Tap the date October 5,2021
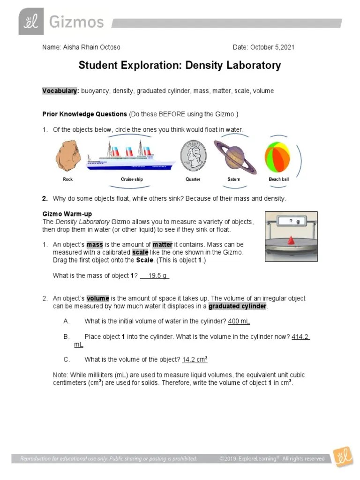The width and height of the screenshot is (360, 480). pyautogui.click(x=272, y=47)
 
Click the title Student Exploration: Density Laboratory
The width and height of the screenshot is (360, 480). pyautogui.click(x=180, y=65)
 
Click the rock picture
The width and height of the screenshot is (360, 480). pyautogui.click(x=68, y=156)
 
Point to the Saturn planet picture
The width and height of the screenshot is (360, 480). pyautogui.click(x=234, y=156)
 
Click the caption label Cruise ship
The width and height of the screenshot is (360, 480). pyautogui.click(x=132, y=180)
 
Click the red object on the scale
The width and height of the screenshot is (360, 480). pyautogui.click(x=291, y=240)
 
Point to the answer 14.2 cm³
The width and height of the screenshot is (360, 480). pyautogui.click(x=195, y=360)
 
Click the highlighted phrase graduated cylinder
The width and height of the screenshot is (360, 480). pyautogui.click(x=237, y=307)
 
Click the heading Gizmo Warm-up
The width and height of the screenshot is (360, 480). pyautogui.click(x=67, y=214)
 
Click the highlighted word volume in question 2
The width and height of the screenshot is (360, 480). pyautogui.click(x=98, y=299)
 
